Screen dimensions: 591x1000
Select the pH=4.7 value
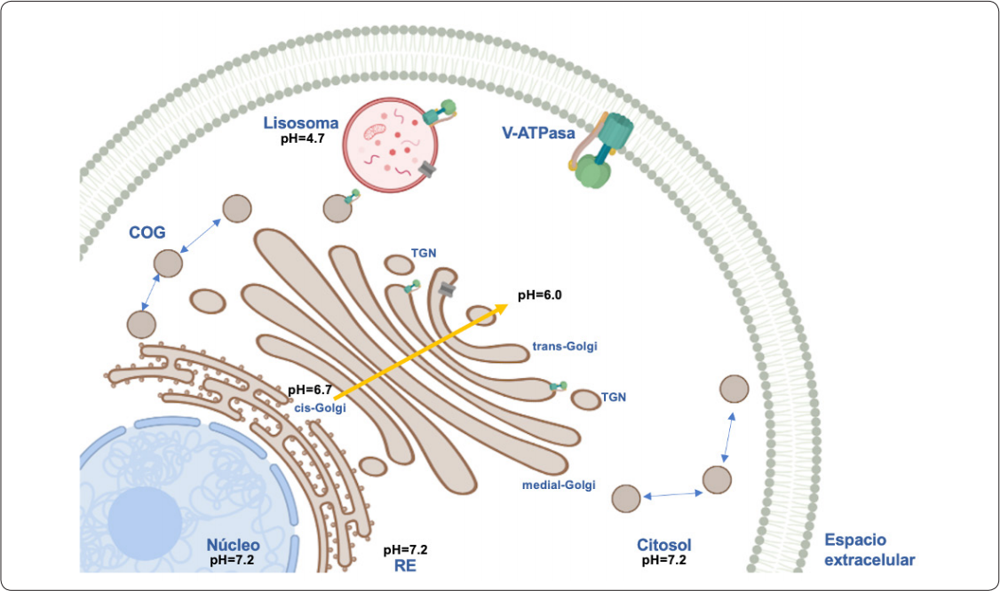point(304,138)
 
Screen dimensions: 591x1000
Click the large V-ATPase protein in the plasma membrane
point(603,151)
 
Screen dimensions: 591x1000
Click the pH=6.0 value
point(541,296)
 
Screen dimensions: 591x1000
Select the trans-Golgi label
point(564,346)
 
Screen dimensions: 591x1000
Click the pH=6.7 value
point(310,390)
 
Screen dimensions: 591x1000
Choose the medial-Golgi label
point(559,485)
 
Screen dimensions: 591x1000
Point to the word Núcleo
point(233,544)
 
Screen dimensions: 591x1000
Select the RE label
point(405,563)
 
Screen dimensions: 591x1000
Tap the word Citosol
point(663,544)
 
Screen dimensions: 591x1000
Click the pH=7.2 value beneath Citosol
point(663,561)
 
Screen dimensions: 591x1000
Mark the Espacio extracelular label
point(869,549)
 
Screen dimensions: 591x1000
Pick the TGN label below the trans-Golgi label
point(614,398)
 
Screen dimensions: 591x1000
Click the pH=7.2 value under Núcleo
point(233,561)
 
